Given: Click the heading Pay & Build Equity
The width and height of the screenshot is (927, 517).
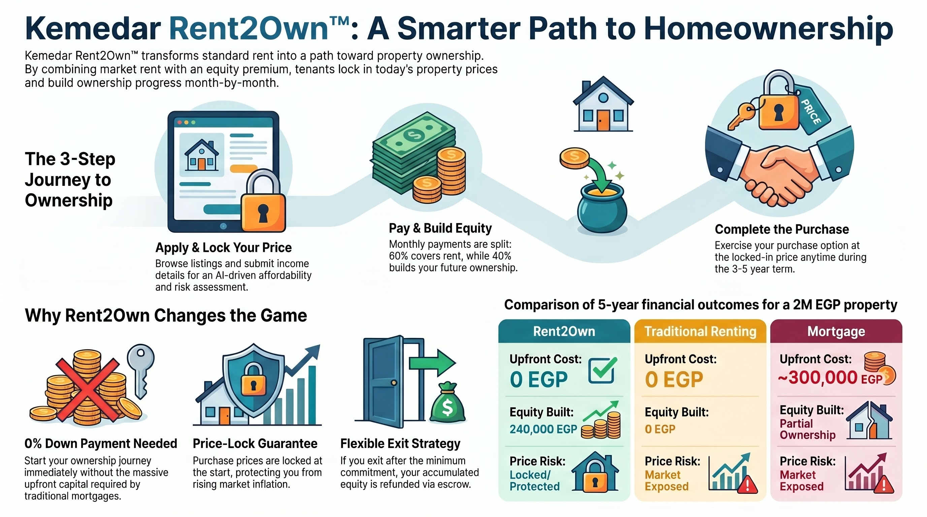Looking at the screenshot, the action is point(440,228).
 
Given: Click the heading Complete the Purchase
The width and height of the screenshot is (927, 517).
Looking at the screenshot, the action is point(781,229).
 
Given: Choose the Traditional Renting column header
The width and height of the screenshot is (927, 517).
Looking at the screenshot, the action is point(700,332).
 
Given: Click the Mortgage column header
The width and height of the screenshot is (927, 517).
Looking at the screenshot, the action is point(836,332).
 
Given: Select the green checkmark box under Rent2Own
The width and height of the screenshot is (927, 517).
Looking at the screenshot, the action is point(602,370).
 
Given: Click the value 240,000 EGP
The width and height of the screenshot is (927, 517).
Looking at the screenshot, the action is point(543,429).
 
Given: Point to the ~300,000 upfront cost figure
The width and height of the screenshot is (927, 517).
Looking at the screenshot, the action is point(818,378).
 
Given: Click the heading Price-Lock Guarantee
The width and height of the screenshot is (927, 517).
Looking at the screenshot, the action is point(255,444).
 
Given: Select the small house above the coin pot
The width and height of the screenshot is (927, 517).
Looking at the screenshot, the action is point(603,104).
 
